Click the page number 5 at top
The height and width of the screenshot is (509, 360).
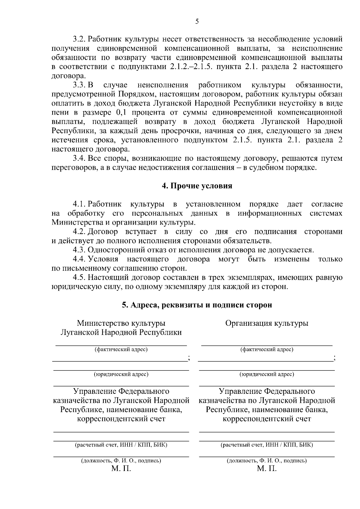pyautogui.click(x=197, y=21)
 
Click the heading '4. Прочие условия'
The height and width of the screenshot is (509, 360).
pyautogui.click(x=197, y=186)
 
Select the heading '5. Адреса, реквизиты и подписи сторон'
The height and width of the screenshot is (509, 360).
pyautogui.click(x=197, y=305)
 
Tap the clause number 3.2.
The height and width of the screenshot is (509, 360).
pyautogui.click(x=79, y=39)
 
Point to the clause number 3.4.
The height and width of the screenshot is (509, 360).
pyautogui.click(x=79, y=158)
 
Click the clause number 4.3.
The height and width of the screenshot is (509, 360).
pyautogui.click(x=79, y=250)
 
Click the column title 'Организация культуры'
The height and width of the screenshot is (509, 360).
pyautogui.click(x=267, y=323)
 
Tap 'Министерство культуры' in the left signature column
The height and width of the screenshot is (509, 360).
pyautogui.click(x=121, y=323)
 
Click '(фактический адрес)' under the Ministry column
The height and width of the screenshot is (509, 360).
pyautogui.click(x=121, y=349)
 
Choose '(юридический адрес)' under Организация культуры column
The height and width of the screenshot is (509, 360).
pyautogui.click(x=267, y=374)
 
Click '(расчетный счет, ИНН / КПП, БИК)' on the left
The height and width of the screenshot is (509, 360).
pyautogui.click(x=121, y=445)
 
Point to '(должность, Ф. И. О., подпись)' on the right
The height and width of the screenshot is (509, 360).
pyautogui.click(x=267, y=461)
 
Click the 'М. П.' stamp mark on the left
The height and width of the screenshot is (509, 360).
pyautogui.click(x=121, y=469)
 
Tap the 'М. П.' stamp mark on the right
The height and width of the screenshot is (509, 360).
pyautogui.click(x=267, y=469)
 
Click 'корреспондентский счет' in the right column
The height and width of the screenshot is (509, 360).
pyautogui.click(x=267, y=419)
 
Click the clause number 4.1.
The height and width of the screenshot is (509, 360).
pyautogui.click(x=79, y=204)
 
